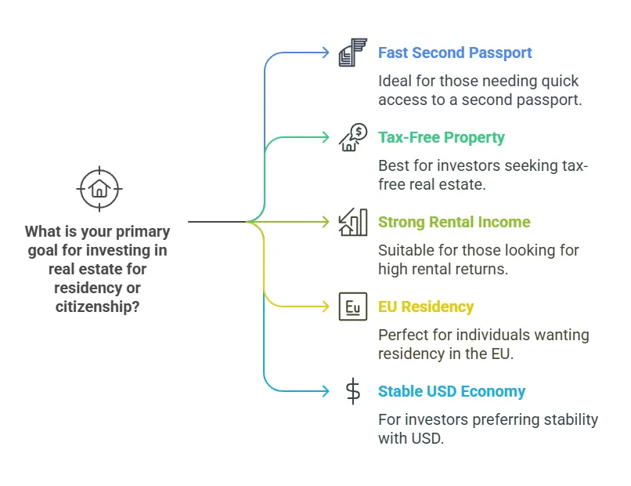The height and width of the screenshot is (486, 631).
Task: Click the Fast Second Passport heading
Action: coord(455,53)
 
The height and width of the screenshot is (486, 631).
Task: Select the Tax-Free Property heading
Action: coord(442,138)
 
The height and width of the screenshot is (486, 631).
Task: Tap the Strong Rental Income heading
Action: coord(454,223)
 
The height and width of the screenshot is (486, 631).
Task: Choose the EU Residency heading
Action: coord(426,307)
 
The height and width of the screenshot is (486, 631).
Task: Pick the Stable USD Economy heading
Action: coord(452,392)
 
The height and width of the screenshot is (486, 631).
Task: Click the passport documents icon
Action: coord(352,53)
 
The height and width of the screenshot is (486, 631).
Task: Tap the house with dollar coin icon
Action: coord(353,137)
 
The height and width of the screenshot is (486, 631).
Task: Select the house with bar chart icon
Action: coord(353,222)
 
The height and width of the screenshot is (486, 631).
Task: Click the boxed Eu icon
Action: coord(353,306)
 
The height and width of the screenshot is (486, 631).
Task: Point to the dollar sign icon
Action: coord(353,391)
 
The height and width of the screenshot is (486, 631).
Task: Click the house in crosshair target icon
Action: coord(99,188)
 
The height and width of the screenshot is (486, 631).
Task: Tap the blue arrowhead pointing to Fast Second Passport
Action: coord(326,53)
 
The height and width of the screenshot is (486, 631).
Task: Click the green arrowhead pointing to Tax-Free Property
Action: coord(326,138)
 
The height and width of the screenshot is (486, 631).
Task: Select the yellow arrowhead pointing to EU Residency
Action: coord(326,307)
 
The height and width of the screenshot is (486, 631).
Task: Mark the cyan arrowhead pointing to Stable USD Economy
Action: coord(326,392)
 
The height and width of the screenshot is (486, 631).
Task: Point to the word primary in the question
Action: coord(144,232)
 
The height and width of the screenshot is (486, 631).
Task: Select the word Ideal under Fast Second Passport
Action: coord(395,81)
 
